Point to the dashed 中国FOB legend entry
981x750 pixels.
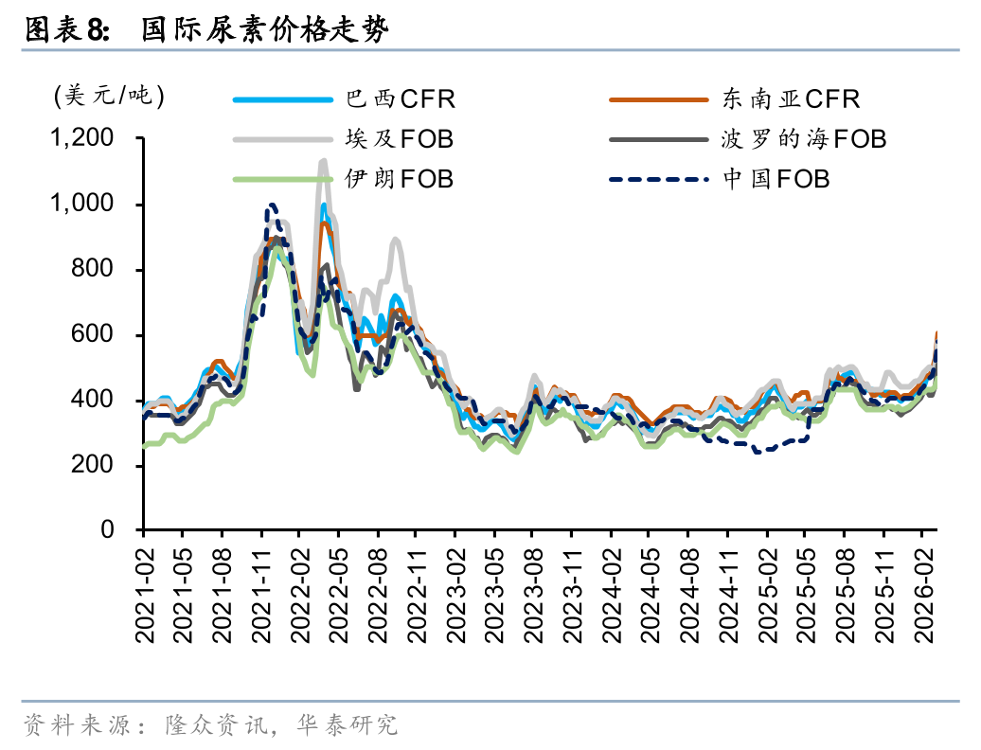click(776, 178)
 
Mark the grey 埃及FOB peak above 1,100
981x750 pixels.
click(323, 162)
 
